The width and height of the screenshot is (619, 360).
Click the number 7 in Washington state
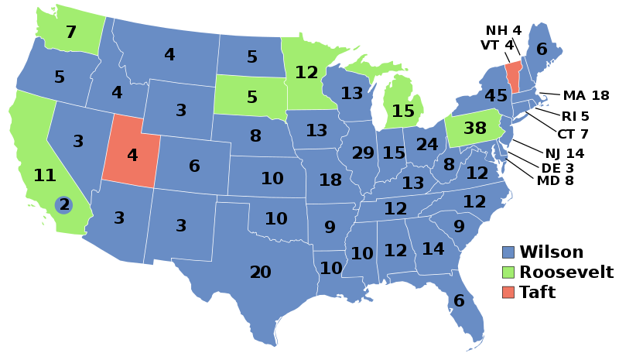pos(71,33)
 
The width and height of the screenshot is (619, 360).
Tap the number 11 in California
pos(45,175)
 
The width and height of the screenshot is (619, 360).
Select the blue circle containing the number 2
pos(64,205)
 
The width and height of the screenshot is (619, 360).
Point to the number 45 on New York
pos(495,96)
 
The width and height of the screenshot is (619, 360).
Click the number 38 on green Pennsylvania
pos(474,129)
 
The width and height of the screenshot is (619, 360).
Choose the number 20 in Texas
pos(260,273)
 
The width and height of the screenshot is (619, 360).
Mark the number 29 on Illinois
pos(363,153)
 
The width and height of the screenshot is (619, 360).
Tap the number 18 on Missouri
pos(330,180)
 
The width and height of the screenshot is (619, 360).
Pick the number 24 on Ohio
pos(427,145)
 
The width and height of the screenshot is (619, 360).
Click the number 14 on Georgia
pos(433,249)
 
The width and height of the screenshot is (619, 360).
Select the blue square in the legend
pos(508,252)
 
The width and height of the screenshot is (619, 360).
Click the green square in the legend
pos(508,273)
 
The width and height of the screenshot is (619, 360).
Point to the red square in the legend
pos(508,292)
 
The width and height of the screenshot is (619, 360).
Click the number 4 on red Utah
pos(132,156)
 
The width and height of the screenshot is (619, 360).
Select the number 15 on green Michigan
pos(403,111)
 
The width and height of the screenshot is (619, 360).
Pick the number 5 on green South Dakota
pos(252,98)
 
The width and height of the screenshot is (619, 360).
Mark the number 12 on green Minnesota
pos(306,73)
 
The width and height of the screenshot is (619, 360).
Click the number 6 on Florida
pos(459,301)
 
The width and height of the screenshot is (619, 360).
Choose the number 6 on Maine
pos(542,50)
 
